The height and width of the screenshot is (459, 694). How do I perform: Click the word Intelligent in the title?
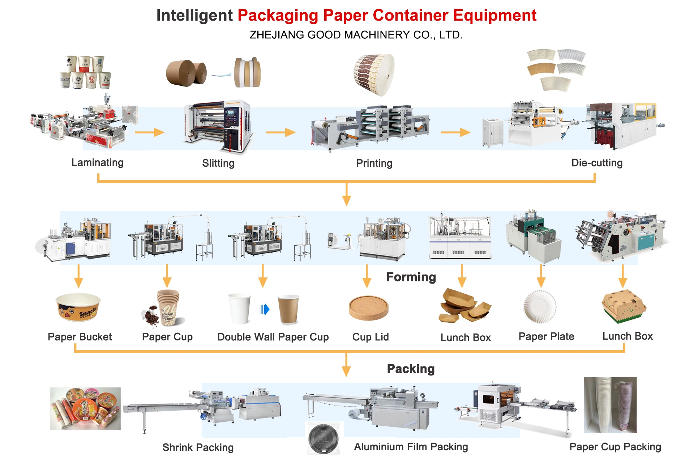pyautogui.click(x=194, y=16)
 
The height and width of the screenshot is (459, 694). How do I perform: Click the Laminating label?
pyautogui.click(x=97, y=162)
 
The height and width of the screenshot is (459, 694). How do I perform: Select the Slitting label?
pyautogui.click(x=218, y=163)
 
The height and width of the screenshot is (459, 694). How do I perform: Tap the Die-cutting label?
pyautogui.click(x=597, y=163)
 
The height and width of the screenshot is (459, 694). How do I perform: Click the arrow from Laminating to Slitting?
pyautogui.click(x=149, y=132)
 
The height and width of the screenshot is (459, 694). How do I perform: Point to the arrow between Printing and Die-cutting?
pyautogui.click(x=455, y=132)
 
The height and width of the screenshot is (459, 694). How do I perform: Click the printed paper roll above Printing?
pyautogui.click(x=374, y=75)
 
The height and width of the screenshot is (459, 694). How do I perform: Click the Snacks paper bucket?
pyautogui.click(x=78, y=307)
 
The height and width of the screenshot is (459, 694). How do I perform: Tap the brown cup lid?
pyautogui.click(x=368, y=308)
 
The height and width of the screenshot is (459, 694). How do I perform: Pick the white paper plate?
pyautogui.click(x=540, y=307)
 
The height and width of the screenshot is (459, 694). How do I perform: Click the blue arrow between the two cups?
pyautogui.click(x=265, y=309)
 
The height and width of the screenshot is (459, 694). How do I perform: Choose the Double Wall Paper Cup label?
pyautogui.click(x=273, y=337)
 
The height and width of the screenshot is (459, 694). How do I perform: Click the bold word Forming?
pyautogui.click(x=411, y=277)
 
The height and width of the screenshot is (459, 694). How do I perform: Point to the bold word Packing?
pyautogui.click(x=411, y=369)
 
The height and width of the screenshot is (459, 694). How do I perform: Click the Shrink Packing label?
pyautogui.click(x=198, y=447)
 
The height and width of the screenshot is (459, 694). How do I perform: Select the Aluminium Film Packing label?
pyautogui.click(x=411, y=447)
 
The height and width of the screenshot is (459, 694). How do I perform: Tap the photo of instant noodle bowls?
pyautogui.click(x=85, y=409)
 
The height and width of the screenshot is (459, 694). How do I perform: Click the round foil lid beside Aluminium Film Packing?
pyautogui.click(x=324, y=439)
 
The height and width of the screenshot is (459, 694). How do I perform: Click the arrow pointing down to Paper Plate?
pyautogui.click(x=541, y=276)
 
